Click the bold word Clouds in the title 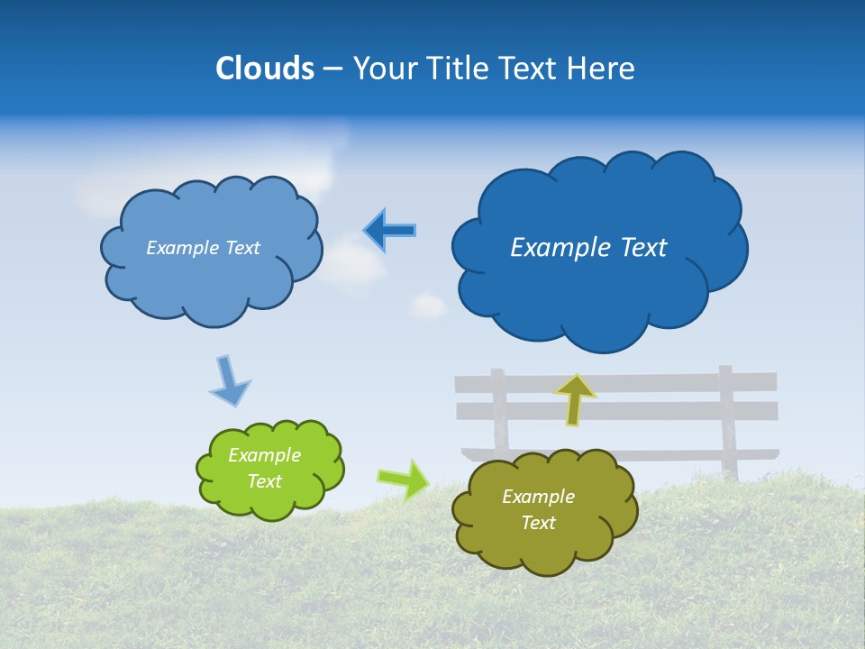click(264, 69)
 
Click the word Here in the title click(602, 69)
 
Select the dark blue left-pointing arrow click(389, 231)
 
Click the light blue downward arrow click(228, 380)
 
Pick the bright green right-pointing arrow click(403, 479)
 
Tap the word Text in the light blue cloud click(241, 248)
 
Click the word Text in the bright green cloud click(265, 481)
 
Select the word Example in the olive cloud click(538, 497)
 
